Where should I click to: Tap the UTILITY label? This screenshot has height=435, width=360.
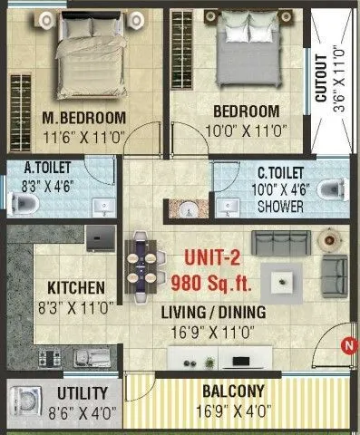click(83, 393)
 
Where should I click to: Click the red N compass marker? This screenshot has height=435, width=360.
click(346, 344)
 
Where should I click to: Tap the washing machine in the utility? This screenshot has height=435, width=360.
click(27, 400)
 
